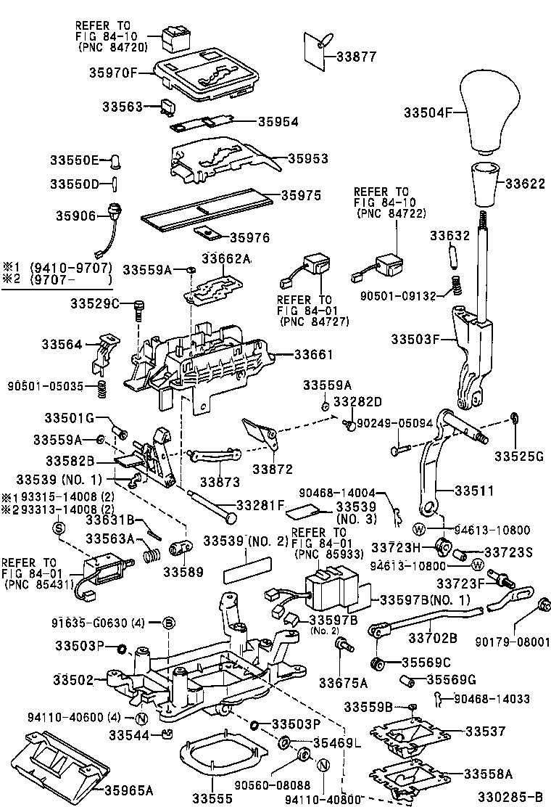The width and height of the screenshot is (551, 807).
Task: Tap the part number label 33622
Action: tap(524, 184)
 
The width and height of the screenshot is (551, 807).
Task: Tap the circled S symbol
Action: tap(58, 528)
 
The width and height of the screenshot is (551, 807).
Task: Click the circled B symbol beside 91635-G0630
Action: tap(168, 623)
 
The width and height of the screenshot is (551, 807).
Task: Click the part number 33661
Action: tap(313, 355)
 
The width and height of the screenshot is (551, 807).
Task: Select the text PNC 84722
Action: tap(391, 213)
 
